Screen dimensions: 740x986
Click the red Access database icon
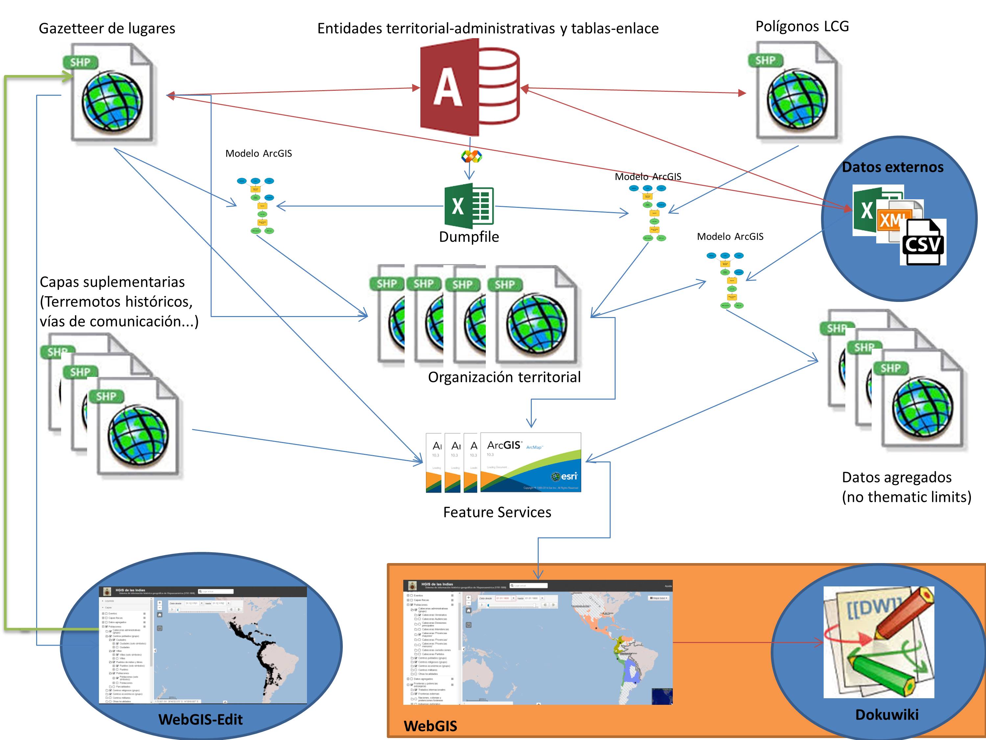tap(469, 87)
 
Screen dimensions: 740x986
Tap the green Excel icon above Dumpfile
tap(469, 206)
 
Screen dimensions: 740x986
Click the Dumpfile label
tap(469, 237)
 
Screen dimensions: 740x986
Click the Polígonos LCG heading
tap(802, 26)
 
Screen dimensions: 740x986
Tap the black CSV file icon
tap(922, 243)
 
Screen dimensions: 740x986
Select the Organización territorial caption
tap(504, 377)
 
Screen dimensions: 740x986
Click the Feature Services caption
tap(497, 512)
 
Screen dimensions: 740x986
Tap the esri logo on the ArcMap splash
tap(564, 476)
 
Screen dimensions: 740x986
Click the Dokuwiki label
tap(887, 715)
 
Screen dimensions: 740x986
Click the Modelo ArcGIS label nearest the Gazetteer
tap(259, 154)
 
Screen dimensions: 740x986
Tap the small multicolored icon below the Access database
tap(471, 157)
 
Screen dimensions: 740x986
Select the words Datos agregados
tap(896, 477)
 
